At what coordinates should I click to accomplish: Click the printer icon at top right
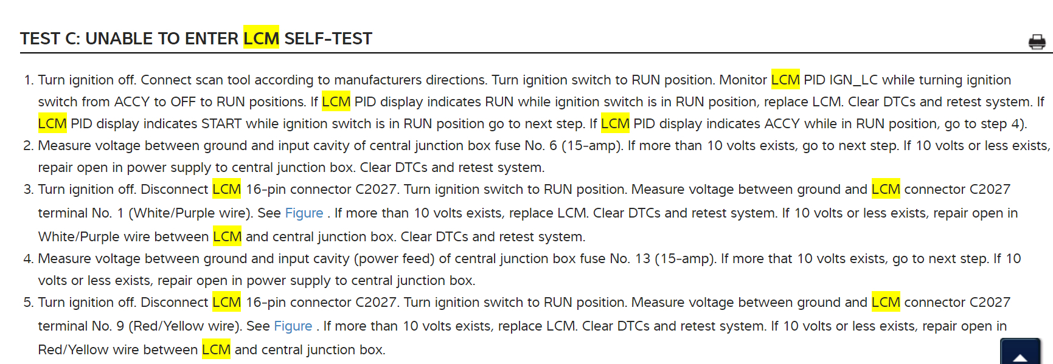(1037, 42)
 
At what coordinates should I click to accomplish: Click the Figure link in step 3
(304, 213)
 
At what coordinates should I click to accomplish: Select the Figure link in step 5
(293, 326)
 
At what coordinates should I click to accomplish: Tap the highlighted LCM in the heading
(261, 38)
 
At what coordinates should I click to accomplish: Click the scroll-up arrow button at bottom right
(1020, 354)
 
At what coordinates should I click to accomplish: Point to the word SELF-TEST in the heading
(328, 39)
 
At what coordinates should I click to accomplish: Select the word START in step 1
(221, 124)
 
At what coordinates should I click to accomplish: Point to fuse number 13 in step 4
(642, 259)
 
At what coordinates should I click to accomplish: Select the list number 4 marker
(28, 259)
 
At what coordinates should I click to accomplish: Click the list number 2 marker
(28, 146)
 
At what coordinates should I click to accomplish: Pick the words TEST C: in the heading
(50, 39)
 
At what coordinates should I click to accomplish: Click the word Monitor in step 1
(743, 80)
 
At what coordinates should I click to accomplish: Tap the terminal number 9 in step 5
(120, 326)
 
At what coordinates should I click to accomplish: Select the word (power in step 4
(377, 259)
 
